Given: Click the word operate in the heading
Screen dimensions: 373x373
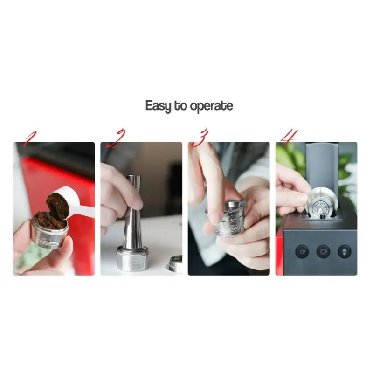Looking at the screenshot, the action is [x=212, y=106].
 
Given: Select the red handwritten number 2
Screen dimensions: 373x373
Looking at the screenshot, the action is [x=115, y=139].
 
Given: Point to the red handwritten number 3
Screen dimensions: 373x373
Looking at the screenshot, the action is [x=200, y=138].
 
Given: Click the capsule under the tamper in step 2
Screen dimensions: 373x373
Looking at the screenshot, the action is [x=132, y=259].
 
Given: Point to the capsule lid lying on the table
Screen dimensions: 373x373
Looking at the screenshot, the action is [x=175, y=264].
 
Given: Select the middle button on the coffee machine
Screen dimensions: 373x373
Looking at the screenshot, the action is [x=323, y=252].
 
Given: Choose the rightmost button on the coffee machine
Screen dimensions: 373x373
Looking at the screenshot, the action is [x=345, y=252].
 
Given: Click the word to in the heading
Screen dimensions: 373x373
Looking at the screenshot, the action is [x=180, y=106].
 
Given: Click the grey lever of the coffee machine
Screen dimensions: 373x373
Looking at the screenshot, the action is [x=322, y=166].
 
